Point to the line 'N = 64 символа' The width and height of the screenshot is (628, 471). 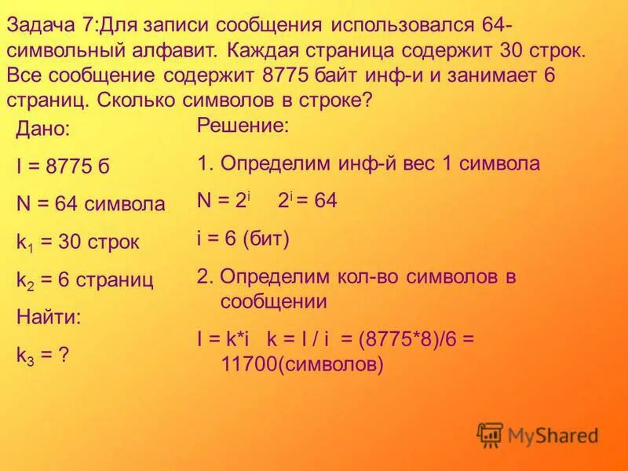(90, 205)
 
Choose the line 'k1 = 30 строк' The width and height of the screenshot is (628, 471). (77, 243)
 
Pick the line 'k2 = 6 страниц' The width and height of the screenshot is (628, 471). (84, 279)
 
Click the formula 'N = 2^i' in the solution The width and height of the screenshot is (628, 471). (225, 201)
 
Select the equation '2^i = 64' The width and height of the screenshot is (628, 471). (307, 201)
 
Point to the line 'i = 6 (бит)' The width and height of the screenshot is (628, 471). (243, 239)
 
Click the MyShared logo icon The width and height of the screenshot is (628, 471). (490, 434)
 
